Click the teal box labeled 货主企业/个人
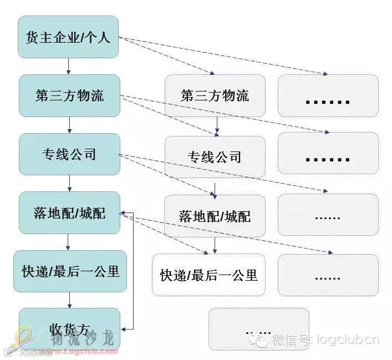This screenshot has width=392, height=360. [x=69, y=37]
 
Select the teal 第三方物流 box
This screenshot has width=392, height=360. [x=69, y=95]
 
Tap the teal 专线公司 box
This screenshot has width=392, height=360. [x=69, y=154]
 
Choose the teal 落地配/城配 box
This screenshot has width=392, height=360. [x=69, y=212]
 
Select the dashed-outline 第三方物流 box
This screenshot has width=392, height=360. [x=215, y=95]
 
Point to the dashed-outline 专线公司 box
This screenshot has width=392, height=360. [x=215, y=156]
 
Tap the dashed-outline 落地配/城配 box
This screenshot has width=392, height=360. [x=215, y=215]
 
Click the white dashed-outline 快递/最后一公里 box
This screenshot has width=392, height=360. [x=209, y=275]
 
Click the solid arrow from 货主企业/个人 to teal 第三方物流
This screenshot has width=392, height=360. [x=69, y=66]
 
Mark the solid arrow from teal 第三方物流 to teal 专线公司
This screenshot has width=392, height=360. [x=69, y=124]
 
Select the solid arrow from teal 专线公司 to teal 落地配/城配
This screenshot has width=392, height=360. [x=69, y=182]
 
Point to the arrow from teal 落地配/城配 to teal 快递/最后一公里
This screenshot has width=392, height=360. [x=69, y=241]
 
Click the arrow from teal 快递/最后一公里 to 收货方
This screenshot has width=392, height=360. [x=69, y=300]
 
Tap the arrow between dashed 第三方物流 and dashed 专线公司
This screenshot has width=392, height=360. [x=216, y=126]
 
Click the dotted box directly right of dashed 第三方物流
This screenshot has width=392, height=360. [x=328, y=95]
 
